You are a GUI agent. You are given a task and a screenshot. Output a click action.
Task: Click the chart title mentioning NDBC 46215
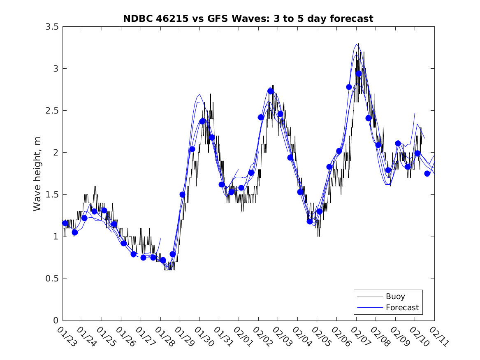(248, 19)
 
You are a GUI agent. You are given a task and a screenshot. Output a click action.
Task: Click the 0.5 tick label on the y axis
(52, 279)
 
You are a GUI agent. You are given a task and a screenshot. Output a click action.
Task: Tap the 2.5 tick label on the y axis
(52, 111)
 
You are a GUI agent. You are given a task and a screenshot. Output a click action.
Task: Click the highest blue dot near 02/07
(358, 74)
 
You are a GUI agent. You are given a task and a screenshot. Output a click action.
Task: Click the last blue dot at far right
(427, 174)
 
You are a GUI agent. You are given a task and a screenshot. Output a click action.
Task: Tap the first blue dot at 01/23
(65, 223)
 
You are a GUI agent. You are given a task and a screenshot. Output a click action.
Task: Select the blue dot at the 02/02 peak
(271, 91)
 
